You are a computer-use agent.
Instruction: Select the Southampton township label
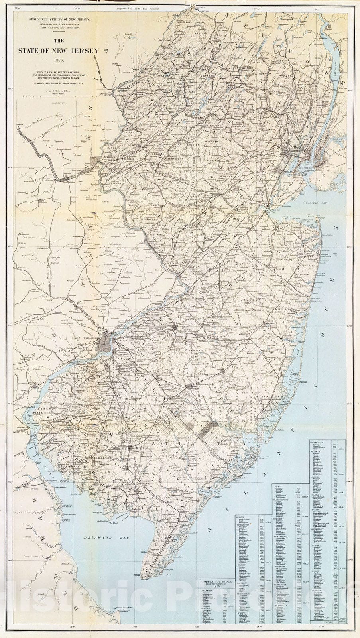[191, 350]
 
